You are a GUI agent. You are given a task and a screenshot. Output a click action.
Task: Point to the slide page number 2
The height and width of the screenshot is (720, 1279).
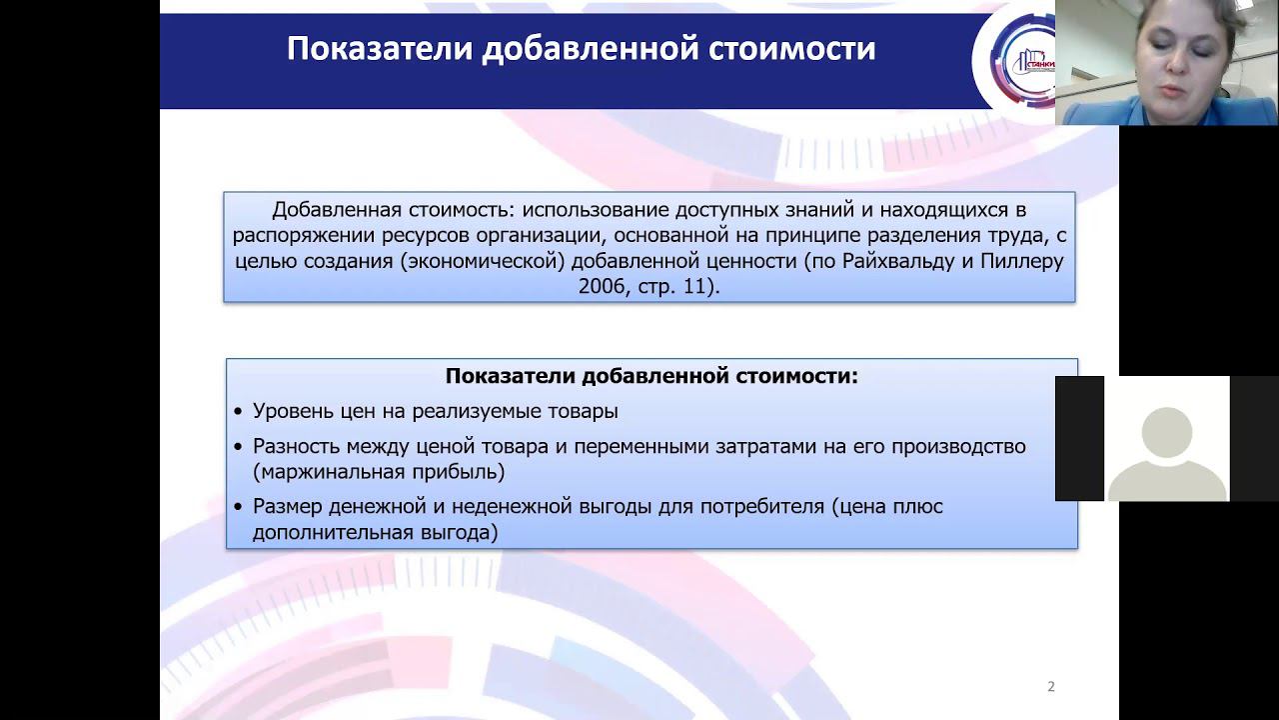(x=1051, y=686)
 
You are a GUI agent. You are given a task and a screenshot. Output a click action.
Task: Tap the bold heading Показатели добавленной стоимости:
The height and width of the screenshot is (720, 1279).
(x=651, y=377)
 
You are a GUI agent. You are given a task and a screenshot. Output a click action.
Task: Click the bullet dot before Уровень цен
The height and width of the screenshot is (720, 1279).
(x=238, y=412)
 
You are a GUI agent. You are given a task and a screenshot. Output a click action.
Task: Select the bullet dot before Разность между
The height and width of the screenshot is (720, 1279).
(x=238, y=447)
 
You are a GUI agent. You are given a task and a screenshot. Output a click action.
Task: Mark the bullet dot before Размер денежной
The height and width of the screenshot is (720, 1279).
(x=238, y=507)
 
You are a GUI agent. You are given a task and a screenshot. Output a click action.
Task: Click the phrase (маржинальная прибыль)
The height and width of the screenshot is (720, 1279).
(x=379, y=472)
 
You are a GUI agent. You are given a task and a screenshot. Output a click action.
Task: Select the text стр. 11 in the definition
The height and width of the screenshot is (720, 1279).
(x=679, y=287)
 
